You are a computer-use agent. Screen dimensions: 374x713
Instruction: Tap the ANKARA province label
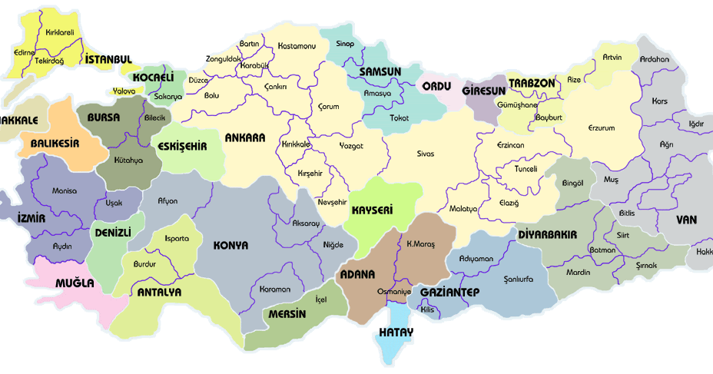click(x=245, y=138)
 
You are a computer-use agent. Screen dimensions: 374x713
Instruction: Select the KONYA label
click(x=230, y=246)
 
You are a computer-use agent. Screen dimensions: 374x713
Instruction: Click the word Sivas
click(x=425, y=154)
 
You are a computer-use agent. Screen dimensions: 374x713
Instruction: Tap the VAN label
click(x=686, y=220)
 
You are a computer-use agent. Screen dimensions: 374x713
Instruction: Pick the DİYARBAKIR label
click(x=547, y=234)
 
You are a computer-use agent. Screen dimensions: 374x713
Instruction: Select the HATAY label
click(x=396, y=333)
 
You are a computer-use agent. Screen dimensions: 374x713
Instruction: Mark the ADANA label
click(x=358, y=274)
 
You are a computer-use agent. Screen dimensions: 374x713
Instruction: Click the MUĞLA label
click(x=75, y=283)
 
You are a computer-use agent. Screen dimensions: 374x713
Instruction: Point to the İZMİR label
click(x=32, y=219)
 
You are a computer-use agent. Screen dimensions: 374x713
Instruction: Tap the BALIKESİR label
click(x=55, y=143)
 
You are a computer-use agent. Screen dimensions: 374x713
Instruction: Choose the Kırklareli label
click(x=59, y=32)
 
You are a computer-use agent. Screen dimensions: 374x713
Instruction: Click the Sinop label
click(x=345, y=44)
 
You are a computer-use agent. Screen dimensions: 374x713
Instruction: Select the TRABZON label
click(x=531, y=82)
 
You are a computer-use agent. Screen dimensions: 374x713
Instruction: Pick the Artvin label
click(x=612, y=58)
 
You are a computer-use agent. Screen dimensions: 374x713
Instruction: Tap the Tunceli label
click(x=526, y=169)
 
